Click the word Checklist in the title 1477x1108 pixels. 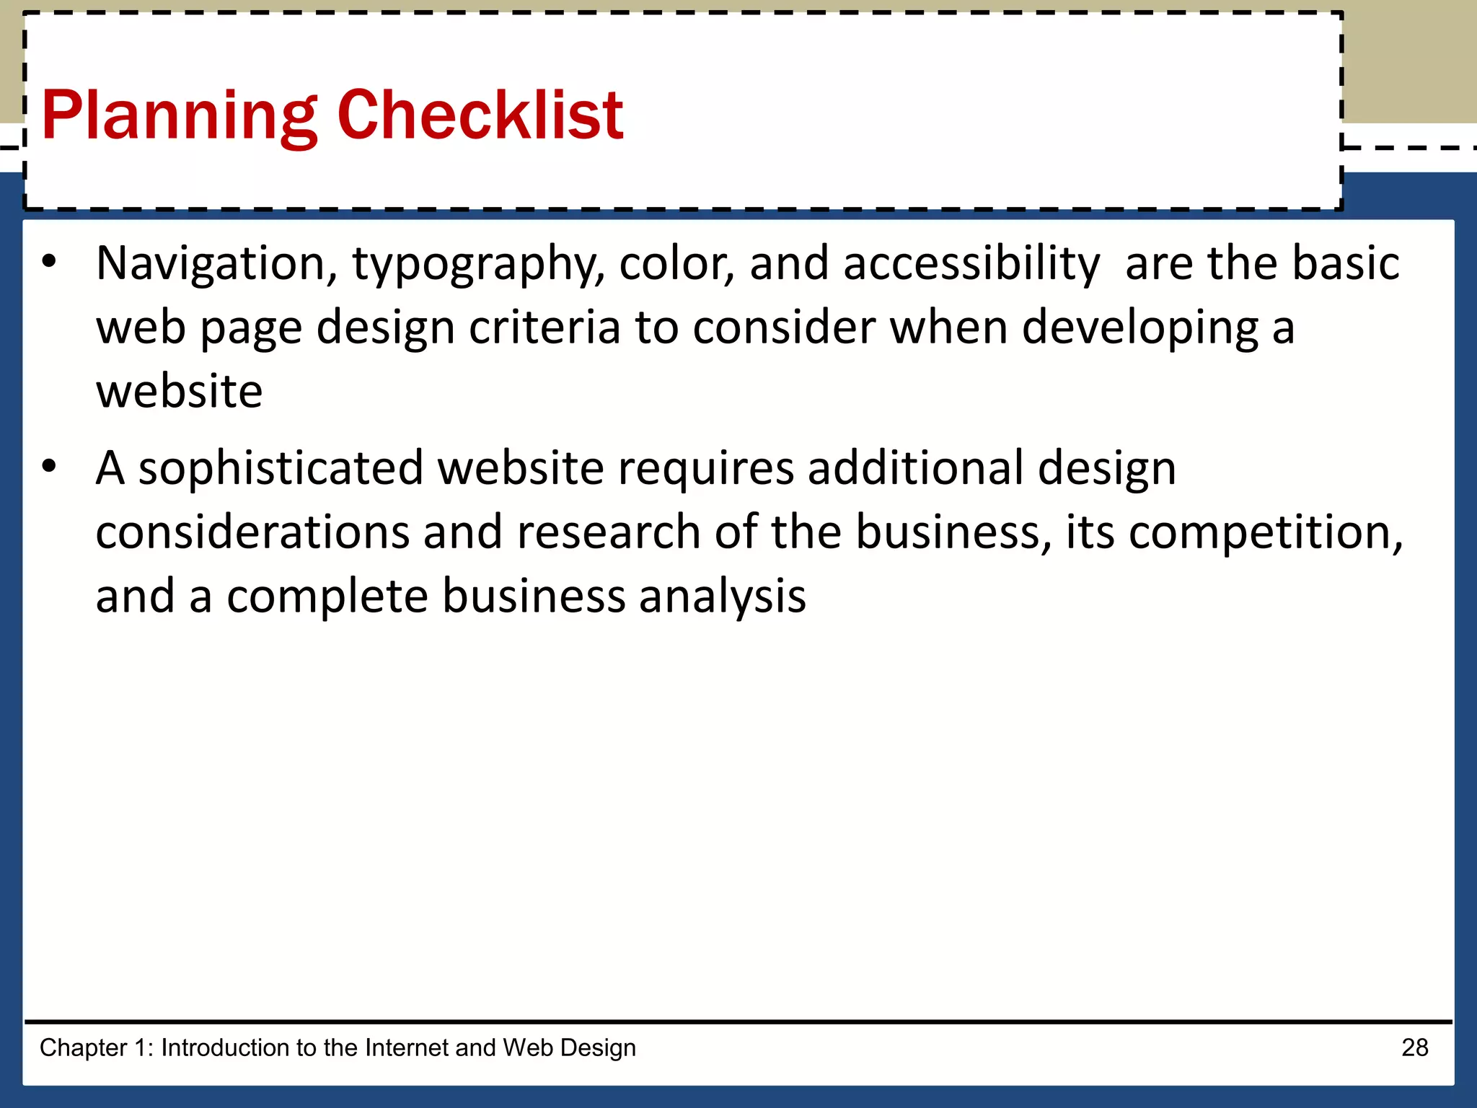tap(480, 115)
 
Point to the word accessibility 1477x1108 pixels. tap(971, 264)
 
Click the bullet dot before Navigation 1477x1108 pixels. tap(48, 262)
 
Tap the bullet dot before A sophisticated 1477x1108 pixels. tap(48, 467)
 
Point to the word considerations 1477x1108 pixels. tap(252, 532)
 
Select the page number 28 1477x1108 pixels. tap(1414, 1047)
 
